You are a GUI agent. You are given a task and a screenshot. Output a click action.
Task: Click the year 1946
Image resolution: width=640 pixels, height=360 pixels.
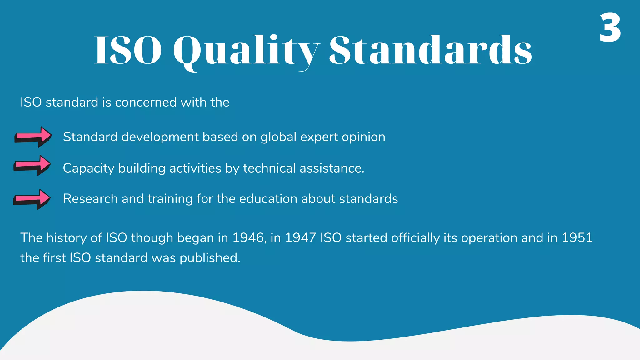249,238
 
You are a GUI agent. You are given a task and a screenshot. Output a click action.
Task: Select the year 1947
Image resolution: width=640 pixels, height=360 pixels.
301,238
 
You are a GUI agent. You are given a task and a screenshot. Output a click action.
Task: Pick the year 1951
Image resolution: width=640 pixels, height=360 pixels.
577,238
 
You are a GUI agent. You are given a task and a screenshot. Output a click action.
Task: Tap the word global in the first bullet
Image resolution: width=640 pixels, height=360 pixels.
278,137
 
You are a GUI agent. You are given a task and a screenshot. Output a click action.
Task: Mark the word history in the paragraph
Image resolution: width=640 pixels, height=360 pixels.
67,238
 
